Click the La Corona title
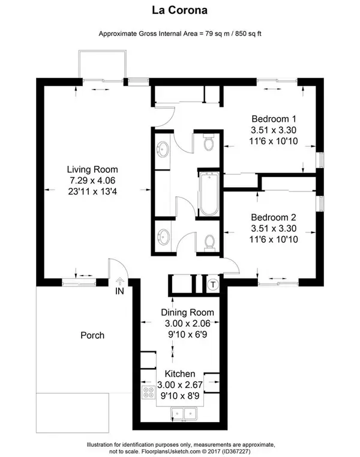179,11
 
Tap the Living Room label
92,169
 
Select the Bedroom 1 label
274,118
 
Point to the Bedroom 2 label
274,217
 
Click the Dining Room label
187,313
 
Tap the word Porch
92,335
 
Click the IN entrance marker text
119,292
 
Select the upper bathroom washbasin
163,148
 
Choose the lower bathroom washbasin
163,236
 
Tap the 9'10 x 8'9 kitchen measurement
187,396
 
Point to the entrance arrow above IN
119,280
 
